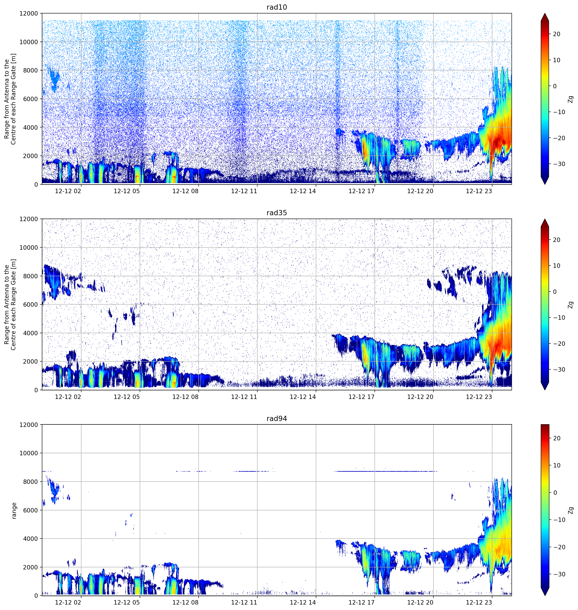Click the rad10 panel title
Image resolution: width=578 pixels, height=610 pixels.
(277, 7)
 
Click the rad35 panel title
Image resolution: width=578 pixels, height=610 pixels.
(277, 213)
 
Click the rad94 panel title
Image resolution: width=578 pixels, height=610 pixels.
(277, 418)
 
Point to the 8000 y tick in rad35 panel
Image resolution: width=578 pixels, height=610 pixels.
(31, 276)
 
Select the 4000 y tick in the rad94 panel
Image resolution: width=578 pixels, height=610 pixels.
(31, 539)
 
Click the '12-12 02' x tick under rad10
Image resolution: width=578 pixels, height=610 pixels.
(68, 191)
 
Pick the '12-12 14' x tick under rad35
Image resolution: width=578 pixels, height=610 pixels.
(303, 397)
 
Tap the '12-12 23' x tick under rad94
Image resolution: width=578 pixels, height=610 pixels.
(479, 602)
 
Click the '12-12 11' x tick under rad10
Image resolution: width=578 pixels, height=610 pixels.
(244, 191)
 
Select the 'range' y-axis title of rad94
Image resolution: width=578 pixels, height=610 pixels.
(14, 511)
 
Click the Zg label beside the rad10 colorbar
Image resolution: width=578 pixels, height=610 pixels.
(571, 99)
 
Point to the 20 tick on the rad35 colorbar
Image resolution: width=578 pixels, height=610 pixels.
(556, 240)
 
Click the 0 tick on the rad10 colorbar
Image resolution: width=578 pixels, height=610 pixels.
(555, 86)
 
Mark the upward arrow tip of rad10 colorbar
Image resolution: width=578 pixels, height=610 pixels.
(545, 13)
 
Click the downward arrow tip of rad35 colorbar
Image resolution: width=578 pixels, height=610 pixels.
(545, 390)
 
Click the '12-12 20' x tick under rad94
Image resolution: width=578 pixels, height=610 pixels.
(420, 602)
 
